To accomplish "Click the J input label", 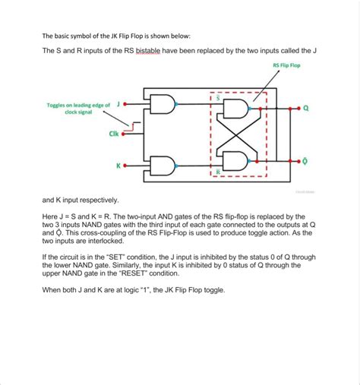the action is [x=118, y=104].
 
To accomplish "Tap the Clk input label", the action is [x=114, y=134].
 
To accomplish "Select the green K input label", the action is [x=118, y=166].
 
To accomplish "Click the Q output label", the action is [x=306, y=109].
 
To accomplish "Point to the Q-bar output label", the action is [x=305, y=161].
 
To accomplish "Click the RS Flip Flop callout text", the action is [x=286, y=65].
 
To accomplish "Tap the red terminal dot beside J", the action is [x=125, y=104].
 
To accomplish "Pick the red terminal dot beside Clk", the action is [x=123, y=134].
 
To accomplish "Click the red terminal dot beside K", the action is [x=125, y=166].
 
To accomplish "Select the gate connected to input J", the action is [x=163, y=104].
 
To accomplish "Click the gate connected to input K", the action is [x=163, y=166].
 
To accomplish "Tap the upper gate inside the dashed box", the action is [x=235, y=109].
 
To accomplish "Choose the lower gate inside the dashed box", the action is [x=235, y=161].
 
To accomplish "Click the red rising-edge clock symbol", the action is [x=133, y=127].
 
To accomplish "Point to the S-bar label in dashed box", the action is [x=218, y=98].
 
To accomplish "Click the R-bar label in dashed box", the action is [x=218, y=172].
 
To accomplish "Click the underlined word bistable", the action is [x=148, y=51].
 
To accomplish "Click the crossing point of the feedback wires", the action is [x=237, y=135].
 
